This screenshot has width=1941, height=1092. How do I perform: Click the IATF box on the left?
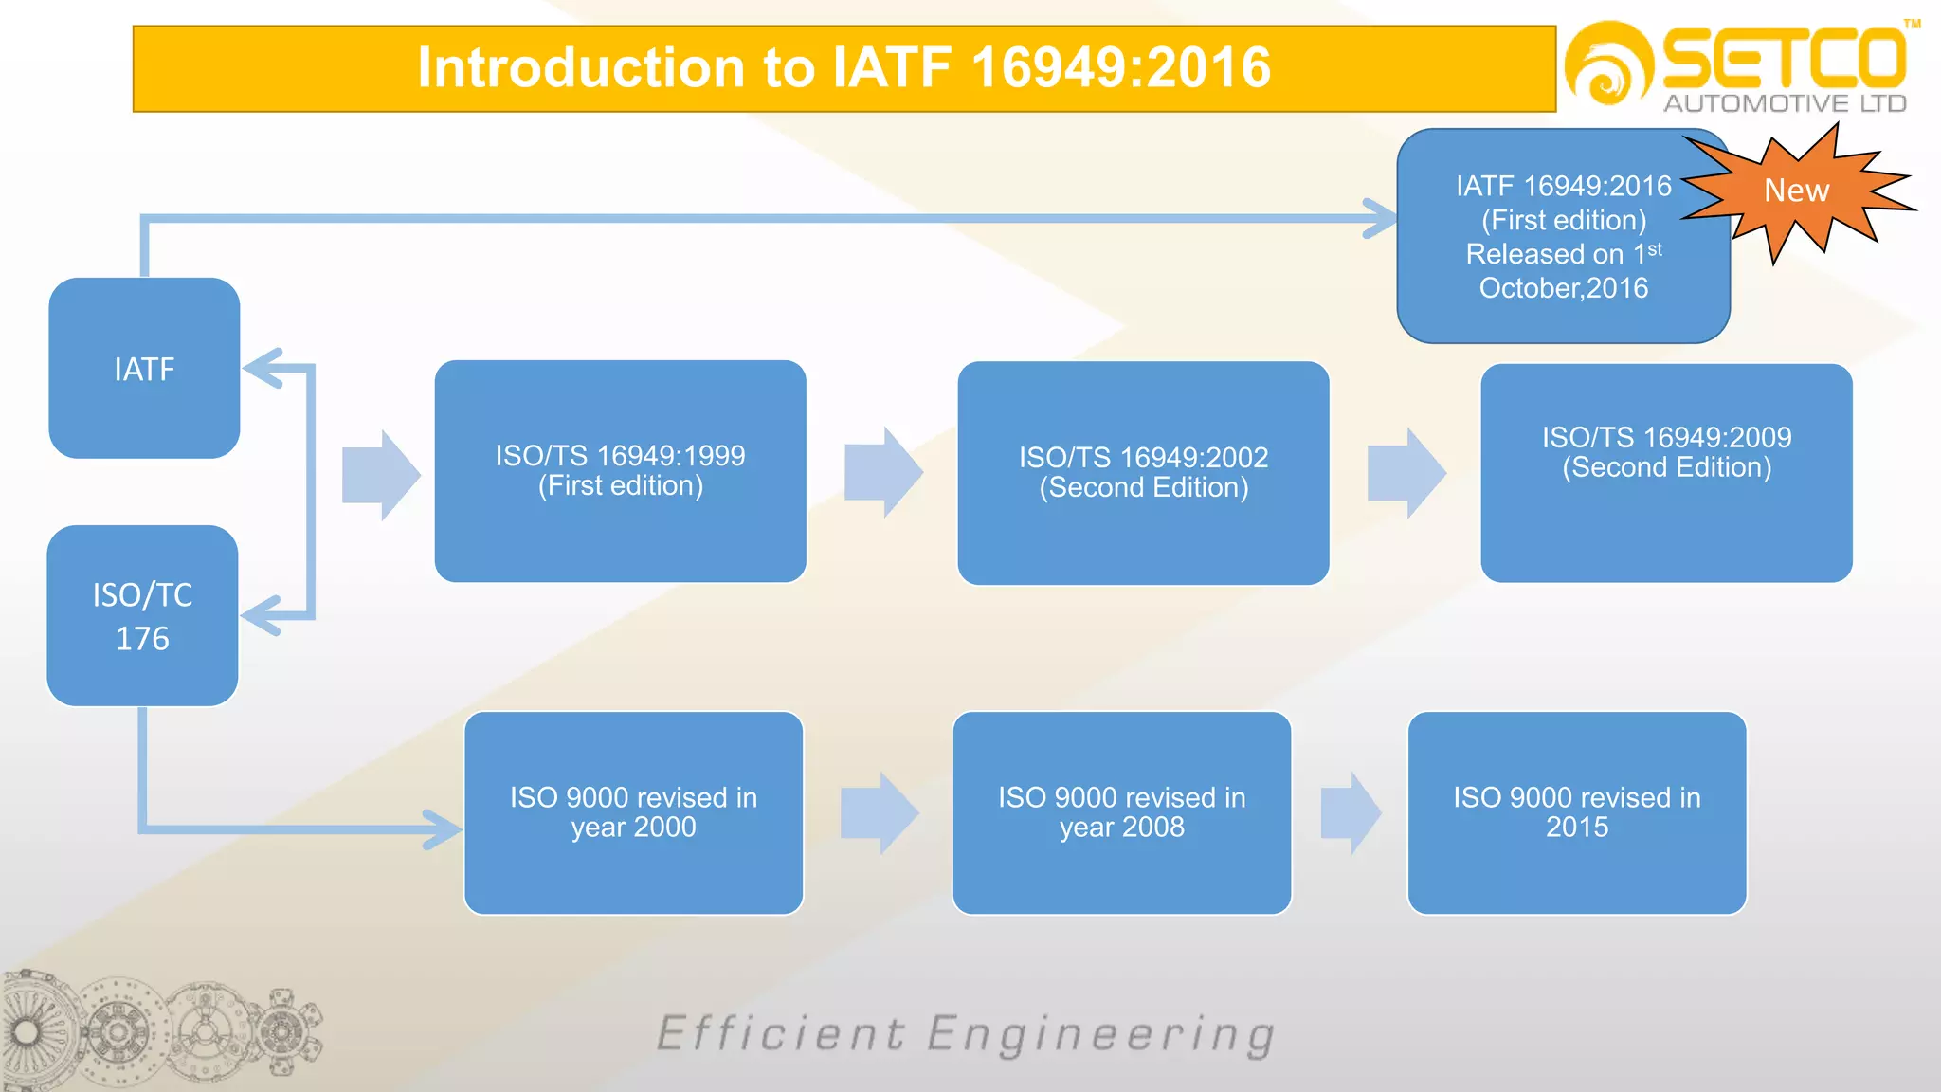click(144, 368)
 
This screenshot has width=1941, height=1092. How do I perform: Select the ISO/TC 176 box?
click(142, 616)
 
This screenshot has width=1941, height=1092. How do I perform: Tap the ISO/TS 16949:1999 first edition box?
click(620, 471)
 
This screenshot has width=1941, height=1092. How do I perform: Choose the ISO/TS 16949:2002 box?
click(1143, 472)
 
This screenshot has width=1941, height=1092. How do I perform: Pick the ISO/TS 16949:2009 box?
click(1666, 472)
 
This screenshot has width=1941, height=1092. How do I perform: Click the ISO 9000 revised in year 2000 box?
click(633, 812)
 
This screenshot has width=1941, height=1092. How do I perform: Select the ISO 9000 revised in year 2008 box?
click(1121, 812)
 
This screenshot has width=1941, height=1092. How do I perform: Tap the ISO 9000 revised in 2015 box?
click(1577, 812)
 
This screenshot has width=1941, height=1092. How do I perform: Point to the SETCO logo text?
click(1784, 59)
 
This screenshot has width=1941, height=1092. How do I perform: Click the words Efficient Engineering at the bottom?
click(965, 1034)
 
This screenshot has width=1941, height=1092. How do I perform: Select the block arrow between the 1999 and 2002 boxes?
click(882, 472)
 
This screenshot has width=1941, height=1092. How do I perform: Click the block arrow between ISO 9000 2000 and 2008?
click(879, 813)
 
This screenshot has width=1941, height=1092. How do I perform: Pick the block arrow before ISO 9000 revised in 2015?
click(1351, 813)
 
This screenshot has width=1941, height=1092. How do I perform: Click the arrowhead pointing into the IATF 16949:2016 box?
click(1379, 218)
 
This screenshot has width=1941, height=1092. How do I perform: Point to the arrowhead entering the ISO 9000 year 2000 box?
click(444, 829)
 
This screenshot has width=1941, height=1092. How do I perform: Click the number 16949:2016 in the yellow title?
click(1120, 68)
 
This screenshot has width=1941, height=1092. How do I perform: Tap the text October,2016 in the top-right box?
click(1563, 288)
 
